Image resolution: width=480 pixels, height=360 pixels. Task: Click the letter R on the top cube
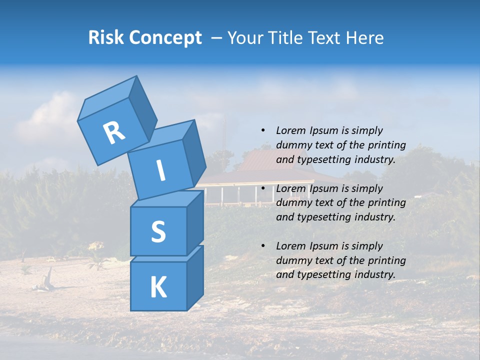[x=114, y=133]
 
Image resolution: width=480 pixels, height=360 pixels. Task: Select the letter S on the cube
[x=158, y=232]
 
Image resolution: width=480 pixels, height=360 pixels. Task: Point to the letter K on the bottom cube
[x=158, y=287]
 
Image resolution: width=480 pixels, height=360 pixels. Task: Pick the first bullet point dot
[x=263, y=131]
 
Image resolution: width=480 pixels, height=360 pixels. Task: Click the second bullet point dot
[x=263, y=188]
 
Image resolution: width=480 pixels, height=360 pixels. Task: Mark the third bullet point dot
[x=263, y=246]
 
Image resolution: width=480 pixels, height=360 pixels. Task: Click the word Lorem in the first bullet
[x=290, y=131]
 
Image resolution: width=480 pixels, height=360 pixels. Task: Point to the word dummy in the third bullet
[x=292, y=260]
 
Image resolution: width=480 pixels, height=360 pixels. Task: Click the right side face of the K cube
[x=195, y=277]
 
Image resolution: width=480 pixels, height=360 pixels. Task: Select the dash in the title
[x=217, y=38]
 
